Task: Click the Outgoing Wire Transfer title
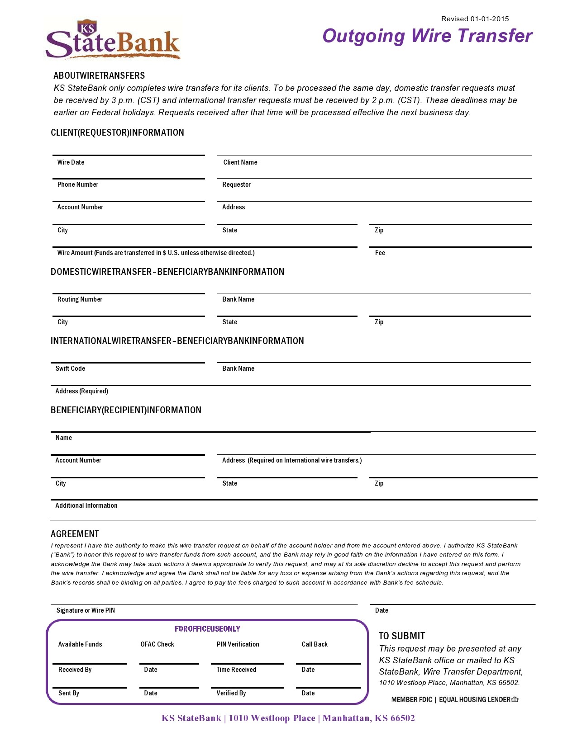[427, 36]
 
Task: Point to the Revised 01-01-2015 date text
[475, 19]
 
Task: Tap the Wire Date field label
[71, 162]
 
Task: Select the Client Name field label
[240, 162]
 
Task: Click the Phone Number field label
[77, 184]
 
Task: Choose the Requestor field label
[236, 184]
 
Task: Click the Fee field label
[380, 253]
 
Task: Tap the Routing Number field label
[80, 299]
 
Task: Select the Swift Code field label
[70, 368]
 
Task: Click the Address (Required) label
[81, 391]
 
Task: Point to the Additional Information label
[86, 505]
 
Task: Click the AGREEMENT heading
[75, 534]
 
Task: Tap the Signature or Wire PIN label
[86, 610]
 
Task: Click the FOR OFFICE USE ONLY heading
[207, 629]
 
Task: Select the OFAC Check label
[157, 644]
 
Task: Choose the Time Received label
[236, 670]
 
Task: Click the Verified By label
[231, 693]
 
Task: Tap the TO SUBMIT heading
[402, 636]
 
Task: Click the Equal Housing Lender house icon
[515, 699]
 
